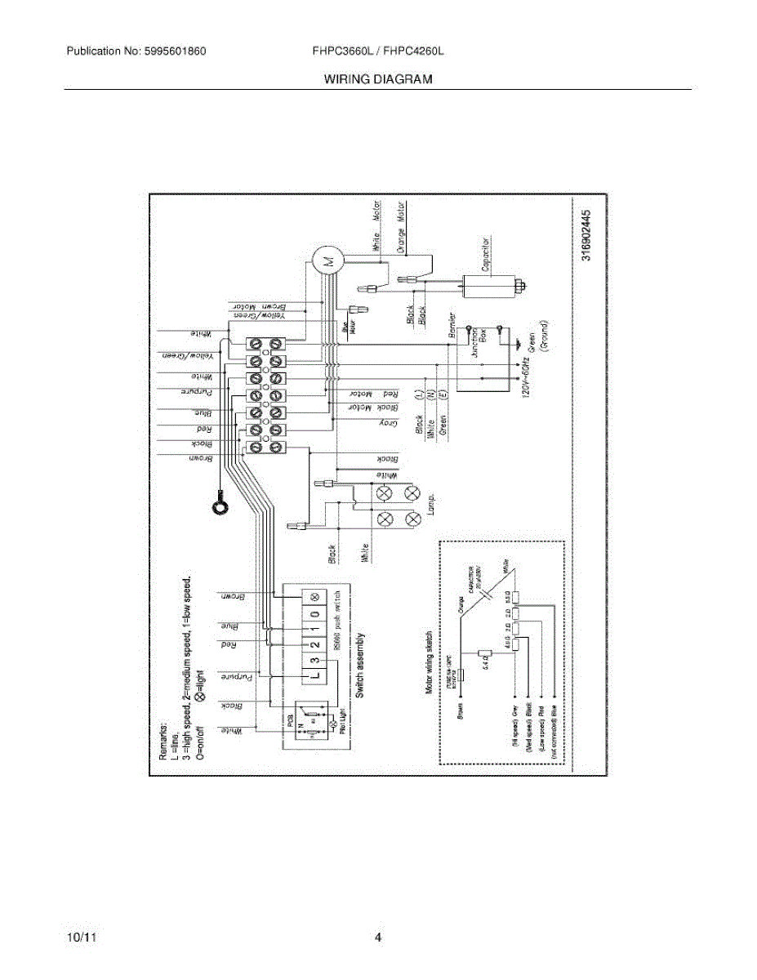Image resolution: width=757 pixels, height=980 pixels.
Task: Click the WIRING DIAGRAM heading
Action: (x=377, y=79)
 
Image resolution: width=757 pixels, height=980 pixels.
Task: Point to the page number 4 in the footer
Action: (x=378, y=938)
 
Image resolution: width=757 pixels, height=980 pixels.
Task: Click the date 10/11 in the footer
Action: (x=78, y=938)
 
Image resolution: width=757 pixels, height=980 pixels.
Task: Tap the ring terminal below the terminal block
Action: (x=219, y=506)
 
